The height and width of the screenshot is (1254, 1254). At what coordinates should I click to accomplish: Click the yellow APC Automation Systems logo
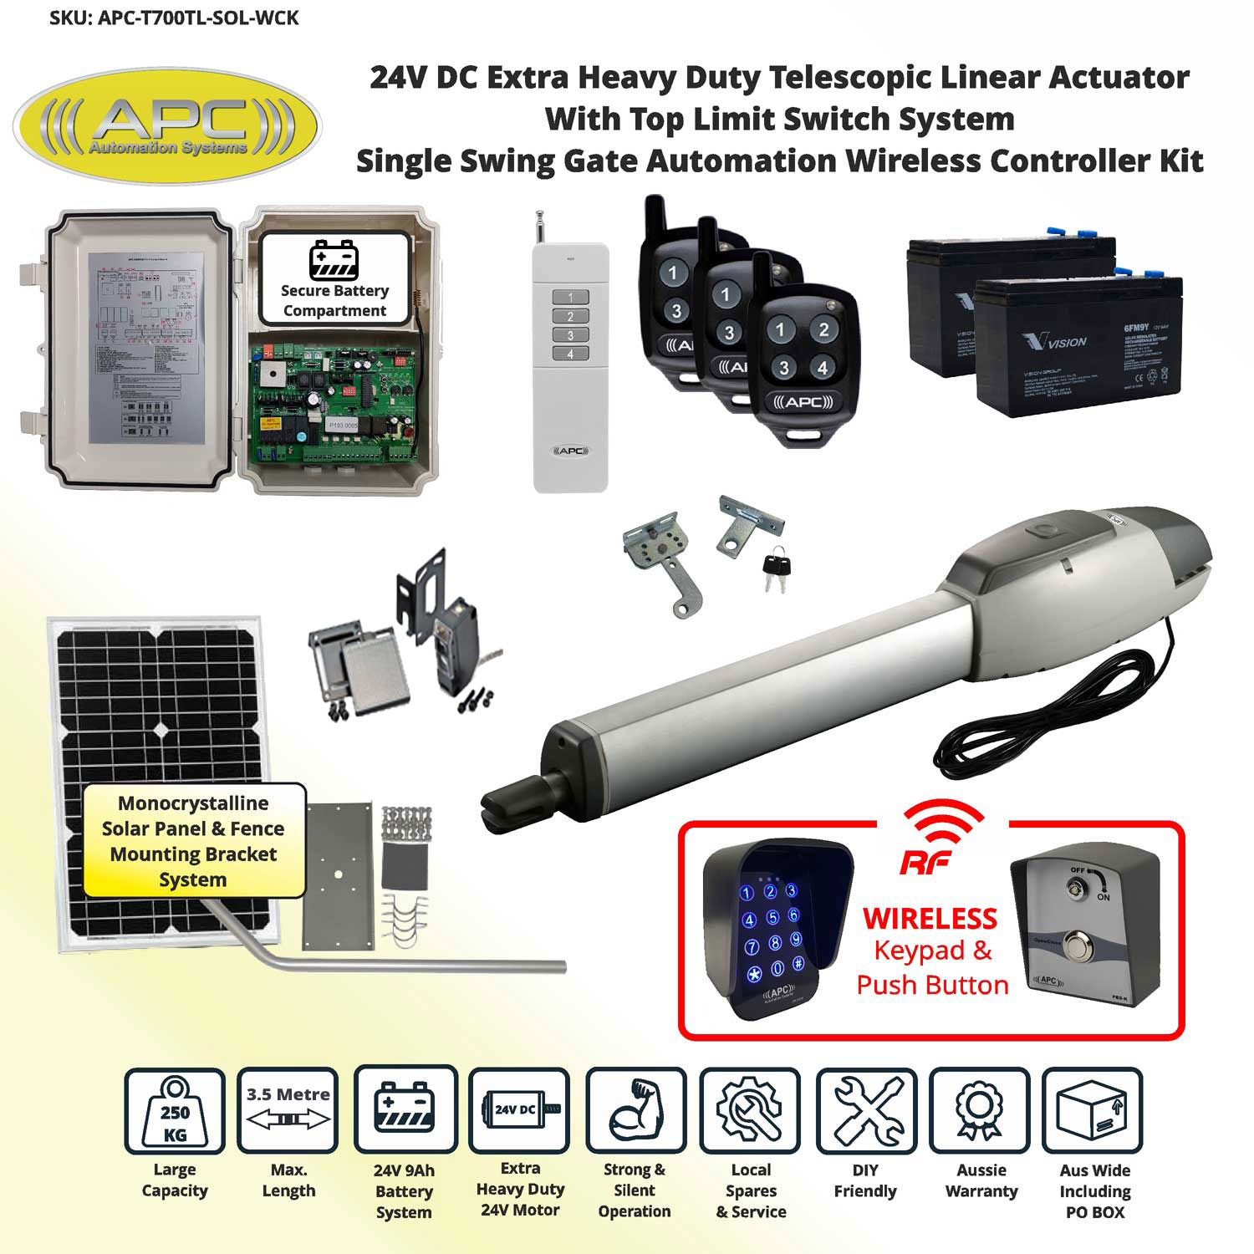(167, 126)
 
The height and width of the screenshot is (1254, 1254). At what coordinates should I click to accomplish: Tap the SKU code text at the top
(174, 18)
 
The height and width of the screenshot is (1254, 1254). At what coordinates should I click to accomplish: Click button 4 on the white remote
(571, 354)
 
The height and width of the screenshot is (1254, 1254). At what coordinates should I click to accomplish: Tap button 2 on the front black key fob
(823, 329)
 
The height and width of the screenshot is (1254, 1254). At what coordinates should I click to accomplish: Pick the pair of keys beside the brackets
(774, 568)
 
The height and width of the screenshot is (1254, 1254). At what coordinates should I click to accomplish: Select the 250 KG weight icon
(175, 1111)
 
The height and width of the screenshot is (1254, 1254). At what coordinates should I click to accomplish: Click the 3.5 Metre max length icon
(288, 1111)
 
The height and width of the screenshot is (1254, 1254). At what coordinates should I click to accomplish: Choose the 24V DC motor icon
(519, 1111)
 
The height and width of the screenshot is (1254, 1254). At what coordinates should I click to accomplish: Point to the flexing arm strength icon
(635, 1111)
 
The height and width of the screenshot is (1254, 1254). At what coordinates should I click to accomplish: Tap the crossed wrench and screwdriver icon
(866, 1111)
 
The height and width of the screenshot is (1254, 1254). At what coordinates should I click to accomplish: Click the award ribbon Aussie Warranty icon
(980, 1111)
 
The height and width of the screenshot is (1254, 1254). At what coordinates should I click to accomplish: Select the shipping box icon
(1094, 1111)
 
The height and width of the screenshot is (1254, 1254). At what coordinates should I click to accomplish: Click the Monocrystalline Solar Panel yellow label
(194, 841)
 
